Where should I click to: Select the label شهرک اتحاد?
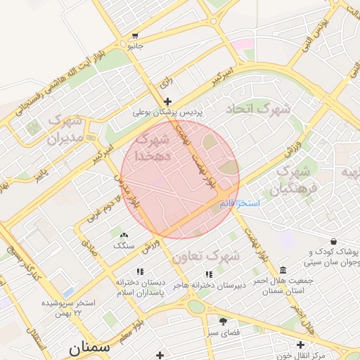pyautogui.click(x=257, y=110)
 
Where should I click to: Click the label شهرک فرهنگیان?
pyautogui.click(x=293, y=179)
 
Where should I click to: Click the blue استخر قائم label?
pyautogui.click(x=235, y=203)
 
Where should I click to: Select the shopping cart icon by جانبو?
pyautogui.click(x=134, y=36)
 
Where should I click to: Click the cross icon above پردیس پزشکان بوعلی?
pyautogui.click(x=167, y=102)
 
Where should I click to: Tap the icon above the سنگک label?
pyautogui.click(x=124, y=236)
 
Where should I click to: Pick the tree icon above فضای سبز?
pyautogui.click(x=223, y=321)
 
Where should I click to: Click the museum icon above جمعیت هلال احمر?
pyautogui.click(x=283, y=271)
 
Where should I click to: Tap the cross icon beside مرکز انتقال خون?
pyautogui.click(x=300, y=345)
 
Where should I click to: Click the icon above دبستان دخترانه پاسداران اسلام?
pyautogui.click(x=139, y=271)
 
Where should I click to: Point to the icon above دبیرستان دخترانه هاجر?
pyautogui.click(x=208, y=274)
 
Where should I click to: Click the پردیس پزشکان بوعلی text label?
pyautogui.click(x=168, y=112)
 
